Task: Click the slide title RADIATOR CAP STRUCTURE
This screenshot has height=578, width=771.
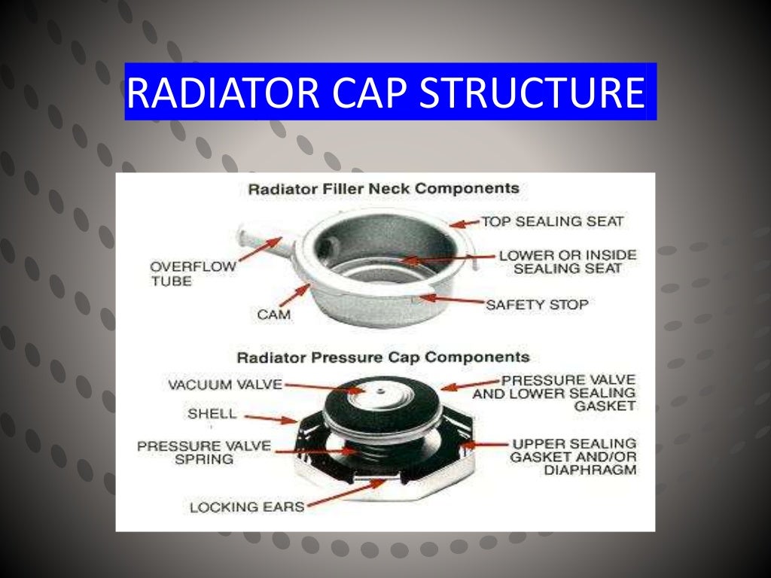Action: pos(385,92)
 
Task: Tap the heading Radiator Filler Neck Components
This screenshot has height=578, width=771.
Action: pos(383,188)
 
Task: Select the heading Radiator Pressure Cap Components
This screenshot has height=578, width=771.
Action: pos(383,357)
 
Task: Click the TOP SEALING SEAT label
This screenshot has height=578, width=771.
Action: pos(552,221)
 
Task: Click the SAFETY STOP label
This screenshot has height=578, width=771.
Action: pos(536,305)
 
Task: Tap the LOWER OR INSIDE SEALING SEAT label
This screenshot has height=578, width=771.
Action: pos(567,261)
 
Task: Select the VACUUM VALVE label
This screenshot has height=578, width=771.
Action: pos(225,385)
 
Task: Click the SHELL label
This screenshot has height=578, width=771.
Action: pos(212,414)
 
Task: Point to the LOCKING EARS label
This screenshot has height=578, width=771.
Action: pos(247,507)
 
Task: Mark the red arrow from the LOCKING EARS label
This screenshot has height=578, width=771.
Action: pos(346,493)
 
